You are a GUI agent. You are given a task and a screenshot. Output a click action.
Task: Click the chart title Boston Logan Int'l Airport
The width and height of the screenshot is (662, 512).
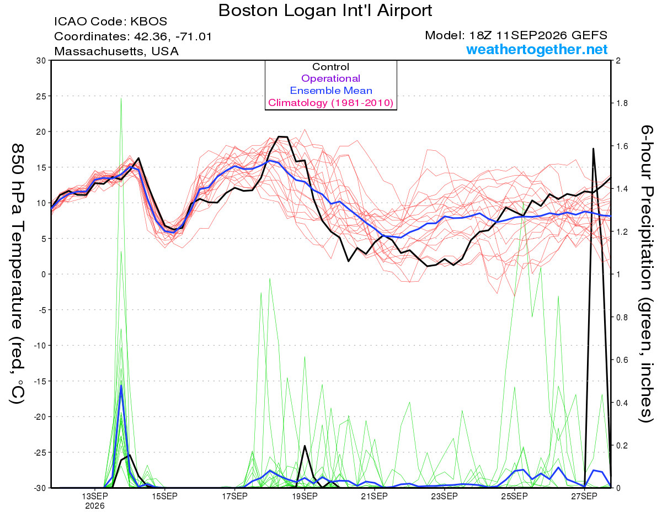point(325,10)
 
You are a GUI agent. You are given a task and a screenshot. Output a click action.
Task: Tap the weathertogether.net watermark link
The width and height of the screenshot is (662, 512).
point(537,49)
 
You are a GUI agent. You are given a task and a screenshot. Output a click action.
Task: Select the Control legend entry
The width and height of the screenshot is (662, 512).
point(330,67)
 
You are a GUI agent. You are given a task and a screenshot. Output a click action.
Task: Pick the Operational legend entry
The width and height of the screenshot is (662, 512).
point(330,78)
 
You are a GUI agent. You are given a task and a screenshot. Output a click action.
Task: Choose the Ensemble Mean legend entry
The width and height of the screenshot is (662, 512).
point(331,91)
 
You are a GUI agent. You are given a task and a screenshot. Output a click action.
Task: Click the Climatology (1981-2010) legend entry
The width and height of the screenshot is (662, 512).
point(330,103)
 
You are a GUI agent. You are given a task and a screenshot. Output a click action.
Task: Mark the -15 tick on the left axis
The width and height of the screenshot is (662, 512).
point(40,381)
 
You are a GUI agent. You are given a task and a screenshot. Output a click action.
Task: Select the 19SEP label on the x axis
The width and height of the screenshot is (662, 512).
point(305,497)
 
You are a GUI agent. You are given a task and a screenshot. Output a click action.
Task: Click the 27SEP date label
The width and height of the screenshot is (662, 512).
point(584,497)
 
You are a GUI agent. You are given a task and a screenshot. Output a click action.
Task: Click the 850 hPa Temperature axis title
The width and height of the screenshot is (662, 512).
point(18,274)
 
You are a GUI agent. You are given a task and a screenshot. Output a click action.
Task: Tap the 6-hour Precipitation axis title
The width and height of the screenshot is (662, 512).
point(645,273)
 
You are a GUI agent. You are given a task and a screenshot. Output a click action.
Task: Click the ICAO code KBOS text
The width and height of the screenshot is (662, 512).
point(110,22)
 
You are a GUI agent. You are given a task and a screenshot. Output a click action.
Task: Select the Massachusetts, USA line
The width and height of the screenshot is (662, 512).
point(116,51)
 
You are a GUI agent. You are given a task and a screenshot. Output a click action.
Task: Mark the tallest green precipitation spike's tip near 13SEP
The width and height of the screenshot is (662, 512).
point(121,98)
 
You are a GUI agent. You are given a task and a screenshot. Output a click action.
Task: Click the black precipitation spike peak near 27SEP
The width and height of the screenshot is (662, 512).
point(593,149)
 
